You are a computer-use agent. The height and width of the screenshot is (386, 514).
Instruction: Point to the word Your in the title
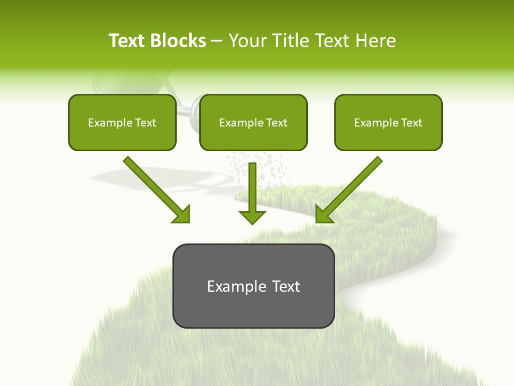[x=246, y=41]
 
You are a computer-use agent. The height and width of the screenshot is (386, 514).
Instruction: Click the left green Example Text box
[x=122, y=122]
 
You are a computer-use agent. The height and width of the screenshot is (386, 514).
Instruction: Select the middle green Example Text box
[x=253, y=122]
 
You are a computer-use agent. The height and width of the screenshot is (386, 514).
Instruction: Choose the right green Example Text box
[x=388, y=122]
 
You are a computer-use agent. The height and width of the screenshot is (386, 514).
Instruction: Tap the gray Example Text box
[x=253, y=286]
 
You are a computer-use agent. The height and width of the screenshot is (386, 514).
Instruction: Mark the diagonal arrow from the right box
[x=351, y=188]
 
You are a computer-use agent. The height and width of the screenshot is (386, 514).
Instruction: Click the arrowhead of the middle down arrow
[x=252, y=217]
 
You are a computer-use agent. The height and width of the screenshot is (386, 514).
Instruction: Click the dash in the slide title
[x=217, y=41]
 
